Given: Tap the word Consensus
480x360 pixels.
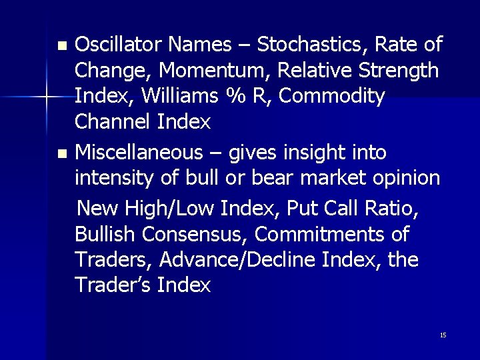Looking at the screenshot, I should pos(191,234).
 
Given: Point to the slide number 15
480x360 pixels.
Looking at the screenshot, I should pos(443,335).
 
